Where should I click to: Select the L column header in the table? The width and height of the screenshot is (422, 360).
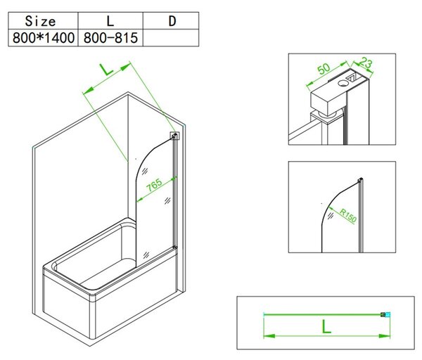coord(110,20)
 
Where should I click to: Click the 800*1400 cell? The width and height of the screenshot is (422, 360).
coord(43,38)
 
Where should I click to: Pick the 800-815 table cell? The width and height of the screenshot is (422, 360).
coord(110,38)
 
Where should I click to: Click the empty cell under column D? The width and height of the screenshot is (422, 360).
coord(171,38)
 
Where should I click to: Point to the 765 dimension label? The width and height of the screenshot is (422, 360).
coord(155,185)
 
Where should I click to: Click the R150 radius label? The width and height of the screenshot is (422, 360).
coord(348,215)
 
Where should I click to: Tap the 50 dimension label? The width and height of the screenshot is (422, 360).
coord(324,69)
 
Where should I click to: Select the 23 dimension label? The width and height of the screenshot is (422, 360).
coord(366,63)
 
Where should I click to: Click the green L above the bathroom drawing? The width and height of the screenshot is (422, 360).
coord(107,70)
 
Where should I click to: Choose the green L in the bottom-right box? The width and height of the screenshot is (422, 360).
coord(326,327)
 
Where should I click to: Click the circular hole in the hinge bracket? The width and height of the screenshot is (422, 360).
coord(343,83)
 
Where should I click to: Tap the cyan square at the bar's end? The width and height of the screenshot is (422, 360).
coord(388,314)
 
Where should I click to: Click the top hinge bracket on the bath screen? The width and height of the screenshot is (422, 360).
coord(174,136)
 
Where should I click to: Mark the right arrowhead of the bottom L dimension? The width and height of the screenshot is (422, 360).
coord(384,336)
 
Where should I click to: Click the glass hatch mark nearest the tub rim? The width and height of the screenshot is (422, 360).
coord(146,255)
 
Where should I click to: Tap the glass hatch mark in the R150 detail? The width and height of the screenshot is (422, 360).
coord(331,216)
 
